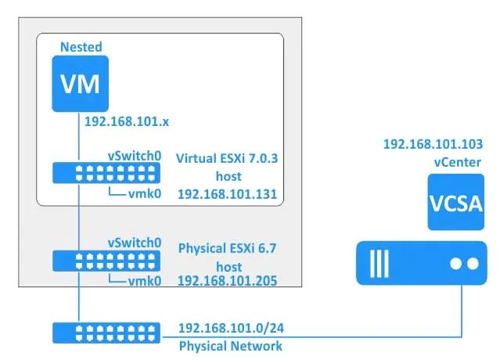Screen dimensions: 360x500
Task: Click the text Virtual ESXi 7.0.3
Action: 228,158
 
